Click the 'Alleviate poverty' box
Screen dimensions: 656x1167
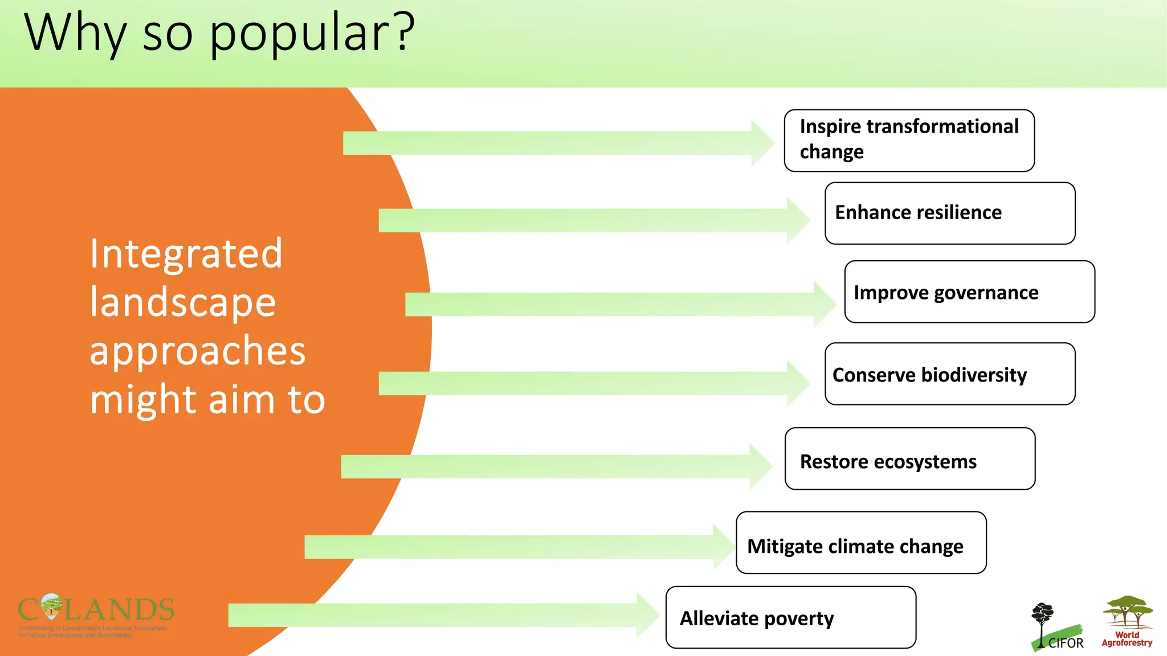[790, 617]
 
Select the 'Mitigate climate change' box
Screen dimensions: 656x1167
[860, 542]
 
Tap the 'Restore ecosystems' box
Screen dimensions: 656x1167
[909, 458]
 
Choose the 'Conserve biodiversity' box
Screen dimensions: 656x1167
[949, 374]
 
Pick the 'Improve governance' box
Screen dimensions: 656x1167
[969, 292]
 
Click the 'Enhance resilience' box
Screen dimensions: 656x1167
[949, 213]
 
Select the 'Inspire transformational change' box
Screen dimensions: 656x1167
[909, 140]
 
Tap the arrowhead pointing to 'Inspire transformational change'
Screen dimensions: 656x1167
[762, 143]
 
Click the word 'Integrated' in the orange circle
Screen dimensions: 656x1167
[186, 254]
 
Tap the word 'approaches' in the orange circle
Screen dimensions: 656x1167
[198, 351]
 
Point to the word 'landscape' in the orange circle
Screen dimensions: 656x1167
[183, 302]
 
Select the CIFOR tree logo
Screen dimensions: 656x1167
[1056, 626]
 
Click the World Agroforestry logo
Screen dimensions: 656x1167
[1127, 621]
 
